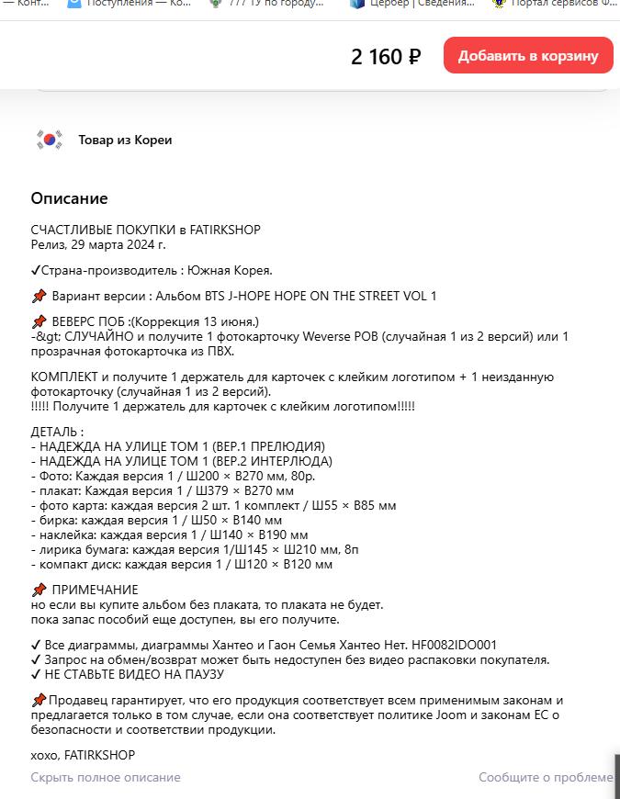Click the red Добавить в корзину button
tap(528, 55)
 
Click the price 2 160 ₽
tap(386, 57)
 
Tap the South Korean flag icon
tap(50, 141)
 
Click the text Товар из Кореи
tap(125, 141)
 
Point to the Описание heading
tap(69, 198)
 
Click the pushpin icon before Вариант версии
tap(39, 296)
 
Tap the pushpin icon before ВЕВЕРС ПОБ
tap(39, 321)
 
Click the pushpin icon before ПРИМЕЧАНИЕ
tap(39, 590)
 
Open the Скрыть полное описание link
tap(106, 777)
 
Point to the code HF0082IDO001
tap(455, 645)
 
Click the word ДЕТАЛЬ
tap(55, 432)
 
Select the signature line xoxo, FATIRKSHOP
tap(83, 755)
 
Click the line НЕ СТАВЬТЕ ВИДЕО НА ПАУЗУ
tap(133, 674)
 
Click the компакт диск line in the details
tap(182, 564)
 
